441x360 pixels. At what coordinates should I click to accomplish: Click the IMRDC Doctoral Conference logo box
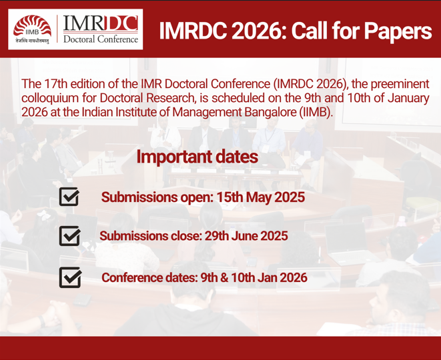tap(101, 30)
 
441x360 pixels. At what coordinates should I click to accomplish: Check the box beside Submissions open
tap(69, 197)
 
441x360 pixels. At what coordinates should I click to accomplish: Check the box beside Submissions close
tap(69, 236)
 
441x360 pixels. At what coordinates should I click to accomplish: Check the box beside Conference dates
tap(69, 276)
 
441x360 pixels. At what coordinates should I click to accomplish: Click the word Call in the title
tap(316, 31)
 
